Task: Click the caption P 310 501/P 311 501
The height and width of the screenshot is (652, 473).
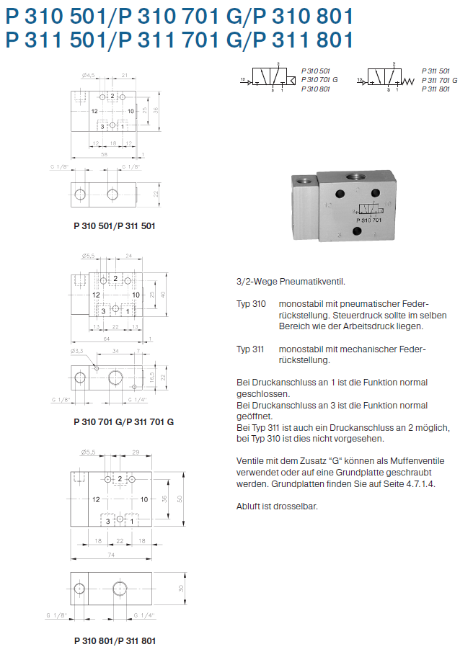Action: click(115, 225)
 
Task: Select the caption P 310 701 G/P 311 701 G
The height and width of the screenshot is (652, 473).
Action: click(123, 421)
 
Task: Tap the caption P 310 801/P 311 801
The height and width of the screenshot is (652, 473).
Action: click(115, 640)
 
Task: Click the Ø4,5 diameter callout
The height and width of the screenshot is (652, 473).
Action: click(89, 75)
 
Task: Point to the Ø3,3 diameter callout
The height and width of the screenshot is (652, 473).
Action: click(78, 351)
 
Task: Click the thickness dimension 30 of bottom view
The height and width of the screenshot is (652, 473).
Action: click(181, 588)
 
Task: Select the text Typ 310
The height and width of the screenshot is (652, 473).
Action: click(252, 305)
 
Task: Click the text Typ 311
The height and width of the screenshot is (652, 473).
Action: click(252, 349)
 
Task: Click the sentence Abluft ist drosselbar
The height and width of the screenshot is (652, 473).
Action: click(277, 506)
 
